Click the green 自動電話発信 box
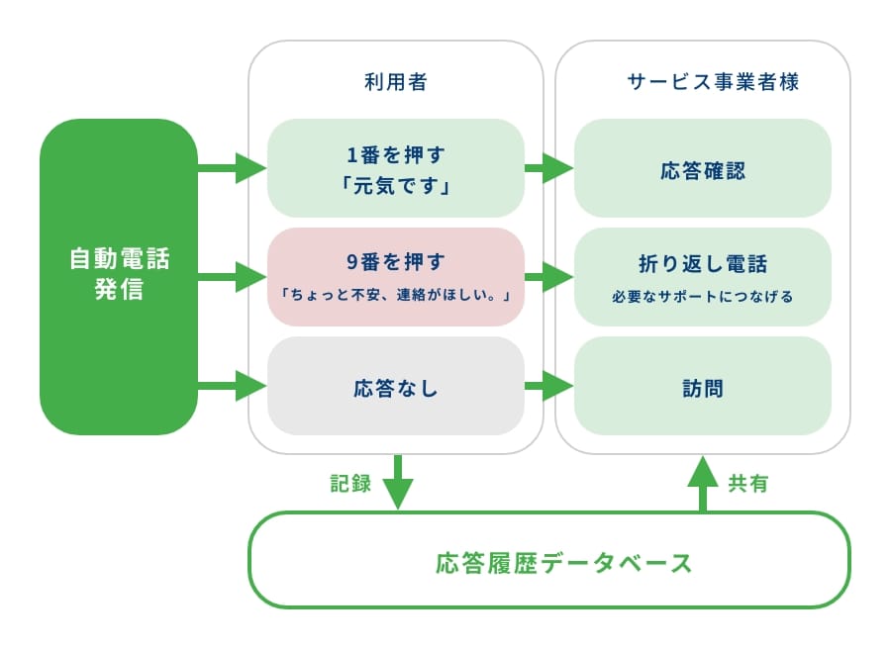(x=119, y=277)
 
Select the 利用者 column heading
(x=395, y=82)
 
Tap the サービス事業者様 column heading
(x=713, y=82)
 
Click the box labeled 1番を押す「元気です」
(x=395, y=167)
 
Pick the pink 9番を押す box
(x=395, y=277)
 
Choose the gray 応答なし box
(x=395, y=386)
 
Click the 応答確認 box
(x=702, y=167)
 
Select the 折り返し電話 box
(x=702, y=277)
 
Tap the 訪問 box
(x=702, y=386)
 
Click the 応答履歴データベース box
(x=549, y=560)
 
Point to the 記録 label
(x=350, y=484)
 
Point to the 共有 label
(x=748, y=484)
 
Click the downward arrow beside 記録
(x=398, y=482)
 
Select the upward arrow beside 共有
(x=703, y=484)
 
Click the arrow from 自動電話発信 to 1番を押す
(x=233, y=167)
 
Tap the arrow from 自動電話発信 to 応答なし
(x=233, y=386)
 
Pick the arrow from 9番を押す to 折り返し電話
(x=548, y=277)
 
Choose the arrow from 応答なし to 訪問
(x=548, y=386)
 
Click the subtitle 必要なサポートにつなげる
(x=702, y=297)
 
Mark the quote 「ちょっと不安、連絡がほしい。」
(x=395, y=295)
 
